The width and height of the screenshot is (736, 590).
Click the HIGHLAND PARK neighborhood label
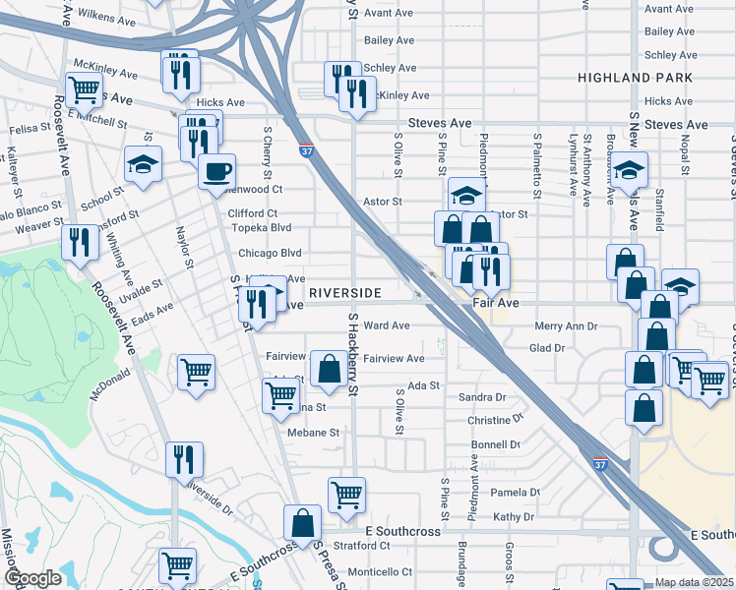click(641, 77)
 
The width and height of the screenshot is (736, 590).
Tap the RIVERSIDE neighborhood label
click(344, 294)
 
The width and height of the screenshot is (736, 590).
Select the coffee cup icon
click(216, 171)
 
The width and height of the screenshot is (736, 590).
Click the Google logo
click(32, 578)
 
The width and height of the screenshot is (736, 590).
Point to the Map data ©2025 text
click(695, 582)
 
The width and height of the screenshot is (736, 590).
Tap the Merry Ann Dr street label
click(567, 325)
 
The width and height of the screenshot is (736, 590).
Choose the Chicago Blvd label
click(270, 253)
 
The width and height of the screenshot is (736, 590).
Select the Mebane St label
click(313, 432)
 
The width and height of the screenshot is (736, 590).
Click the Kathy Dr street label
click(514, 516)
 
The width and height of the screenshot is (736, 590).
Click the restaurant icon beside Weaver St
click(80, 242)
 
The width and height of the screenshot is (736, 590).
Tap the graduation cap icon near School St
click(143, 164)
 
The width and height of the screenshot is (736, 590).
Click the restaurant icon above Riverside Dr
click(184, 459)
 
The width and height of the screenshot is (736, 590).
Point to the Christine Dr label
click(496, 420)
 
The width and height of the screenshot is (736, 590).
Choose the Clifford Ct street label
click(253, 212)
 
